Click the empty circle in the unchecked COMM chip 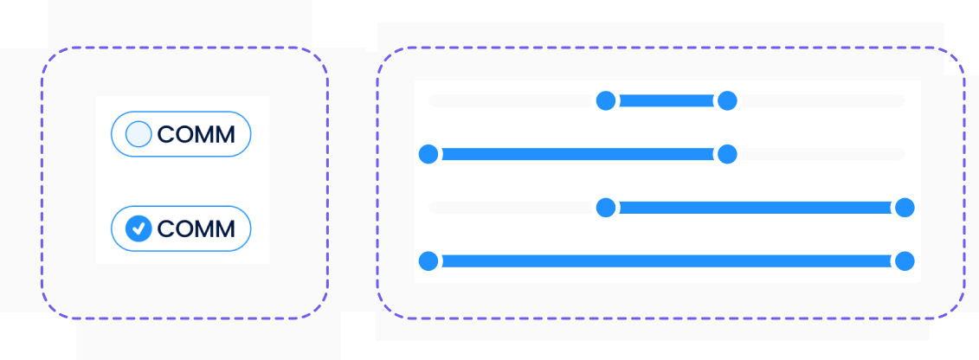coord(138,134)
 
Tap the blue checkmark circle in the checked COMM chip coord(138,228)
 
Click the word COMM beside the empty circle coord(196,135)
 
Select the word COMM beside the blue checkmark coord(196,229)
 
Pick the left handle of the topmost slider coord(606,101)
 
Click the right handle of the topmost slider coord(727,101)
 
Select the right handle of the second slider coord(727,155)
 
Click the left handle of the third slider coord(606,208)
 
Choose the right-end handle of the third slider coord(905,208)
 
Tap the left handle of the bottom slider coord(428,260)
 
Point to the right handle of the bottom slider coord(905,260)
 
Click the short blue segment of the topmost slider coord(667,101)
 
